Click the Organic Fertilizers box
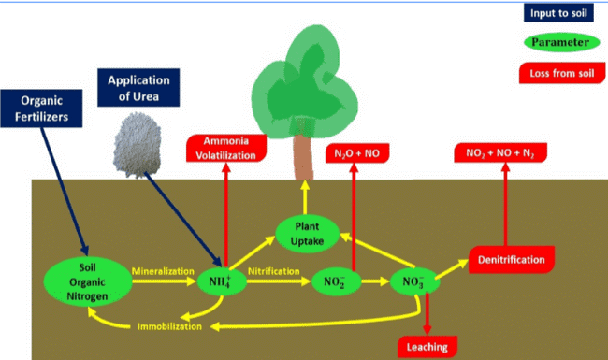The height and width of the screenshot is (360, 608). coord(41,108)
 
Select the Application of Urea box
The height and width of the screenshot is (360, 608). coord(138,88)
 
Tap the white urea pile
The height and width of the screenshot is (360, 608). coord(138,145)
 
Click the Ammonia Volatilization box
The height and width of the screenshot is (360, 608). coord(226,148)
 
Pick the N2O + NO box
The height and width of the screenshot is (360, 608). coord(357,153)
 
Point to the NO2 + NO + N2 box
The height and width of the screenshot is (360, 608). coord(500,152)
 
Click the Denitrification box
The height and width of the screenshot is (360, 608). coord(512,260)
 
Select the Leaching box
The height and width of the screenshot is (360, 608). coord(427,347)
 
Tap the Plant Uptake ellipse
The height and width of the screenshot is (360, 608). coord(307,234)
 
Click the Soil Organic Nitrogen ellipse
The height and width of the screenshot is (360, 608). coord(88,281)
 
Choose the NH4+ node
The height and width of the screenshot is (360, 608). coord(222,281)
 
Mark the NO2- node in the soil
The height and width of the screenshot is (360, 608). coord(336,281)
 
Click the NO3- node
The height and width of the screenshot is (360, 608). coord(414,281)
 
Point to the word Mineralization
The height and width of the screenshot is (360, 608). coord(163,271)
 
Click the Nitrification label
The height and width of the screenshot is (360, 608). coord(274,271)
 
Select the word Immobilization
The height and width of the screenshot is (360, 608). coord(169,326)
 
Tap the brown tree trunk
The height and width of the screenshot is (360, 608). coord(303,157)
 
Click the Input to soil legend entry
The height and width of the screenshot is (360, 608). coord(558,13)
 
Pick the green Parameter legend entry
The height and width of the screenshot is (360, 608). coord(562,42)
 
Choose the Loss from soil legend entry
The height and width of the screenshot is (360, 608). coord(562,73)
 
